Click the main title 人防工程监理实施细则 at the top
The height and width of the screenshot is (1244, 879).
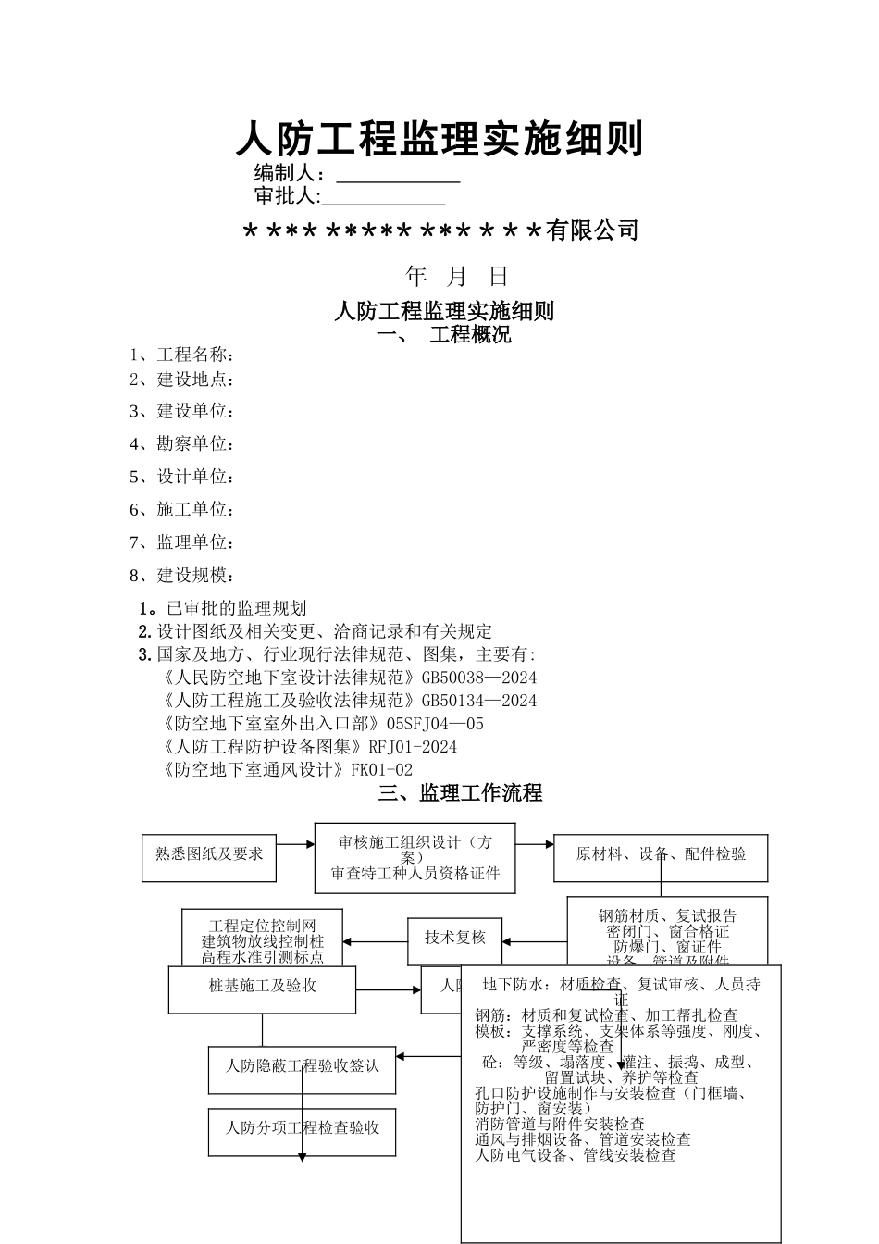tap(439, 140)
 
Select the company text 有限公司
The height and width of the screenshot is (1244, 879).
tap(592, 230)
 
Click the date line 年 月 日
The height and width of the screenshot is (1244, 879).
tap(457, 276)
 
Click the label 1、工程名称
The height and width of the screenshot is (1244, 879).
tap(181, 355)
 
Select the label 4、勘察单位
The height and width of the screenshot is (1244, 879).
tap(181, 444)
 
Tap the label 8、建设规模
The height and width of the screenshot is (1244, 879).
tap(181, 576)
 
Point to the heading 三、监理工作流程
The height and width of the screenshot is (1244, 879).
tap(460, 793)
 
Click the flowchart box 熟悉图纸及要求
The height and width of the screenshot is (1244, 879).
tap(209, 853)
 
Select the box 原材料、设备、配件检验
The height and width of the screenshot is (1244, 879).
tap(661, 854)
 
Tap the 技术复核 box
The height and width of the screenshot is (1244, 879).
tap(455, 939)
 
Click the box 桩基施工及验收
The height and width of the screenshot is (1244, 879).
tap(263, 987)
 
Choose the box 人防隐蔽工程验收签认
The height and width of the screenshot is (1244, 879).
tap(303, 1065)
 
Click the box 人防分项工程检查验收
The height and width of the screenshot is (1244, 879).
tap(303, 1128)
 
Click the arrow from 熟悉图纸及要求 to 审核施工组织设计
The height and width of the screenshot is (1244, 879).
tap(296, 844)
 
